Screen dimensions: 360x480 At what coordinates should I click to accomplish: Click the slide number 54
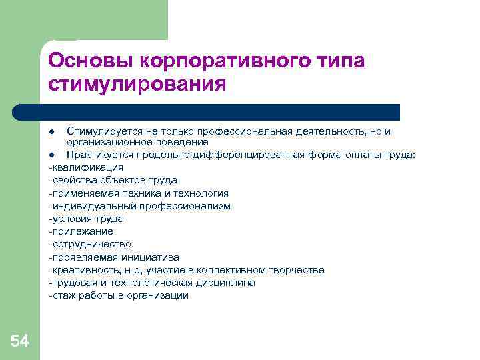click(x=19, y=342)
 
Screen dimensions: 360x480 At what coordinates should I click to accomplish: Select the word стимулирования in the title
click(x=137, y=85)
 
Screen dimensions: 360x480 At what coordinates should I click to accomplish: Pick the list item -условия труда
click(x=86, y=219)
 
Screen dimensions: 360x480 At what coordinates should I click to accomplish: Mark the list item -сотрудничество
click(x=90, y=244)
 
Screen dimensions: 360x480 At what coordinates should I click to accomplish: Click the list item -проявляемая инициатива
click(x=114, y=257)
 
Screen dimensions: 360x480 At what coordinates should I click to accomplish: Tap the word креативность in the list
click(x=81, y=270)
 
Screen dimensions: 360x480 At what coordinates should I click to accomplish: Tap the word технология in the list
click(x=204, y=193)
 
